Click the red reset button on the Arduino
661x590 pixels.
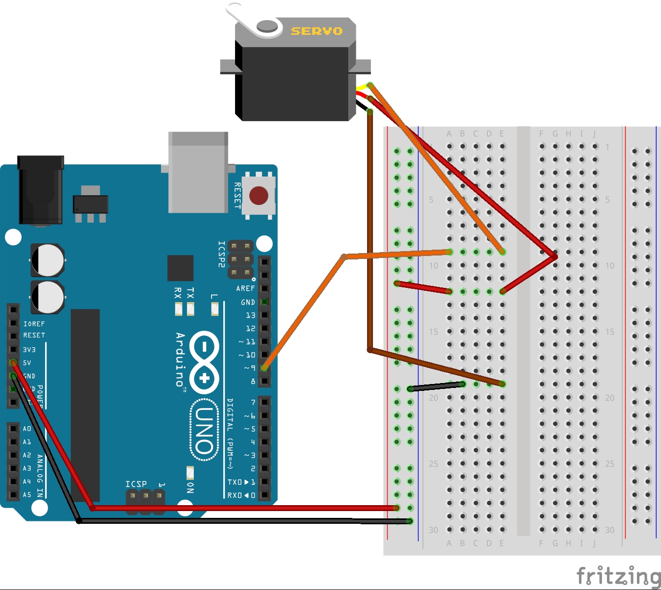[259, 195]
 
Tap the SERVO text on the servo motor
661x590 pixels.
[317, 31]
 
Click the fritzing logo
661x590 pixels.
[618, 575]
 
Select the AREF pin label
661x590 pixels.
[245, 288]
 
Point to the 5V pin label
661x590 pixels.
[27, 363]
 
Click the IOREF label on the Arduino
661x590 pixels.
[34, 324]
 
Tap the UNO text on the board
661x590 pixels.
[204, 430]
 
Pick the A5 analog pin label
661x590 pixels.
[27, 495]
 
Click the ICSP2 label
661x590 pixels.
[221, 254]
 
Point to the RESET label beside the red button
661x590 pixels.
[238, 196]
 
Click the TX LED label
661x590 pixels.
[190, 293]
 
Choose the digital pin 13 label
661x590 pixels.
[250, 315]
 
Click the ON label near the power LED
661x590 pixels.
[190, 487]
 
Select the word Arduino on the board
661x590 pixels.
[181, 359]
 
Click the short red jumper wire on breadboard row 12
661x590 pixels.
[423, 287]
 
